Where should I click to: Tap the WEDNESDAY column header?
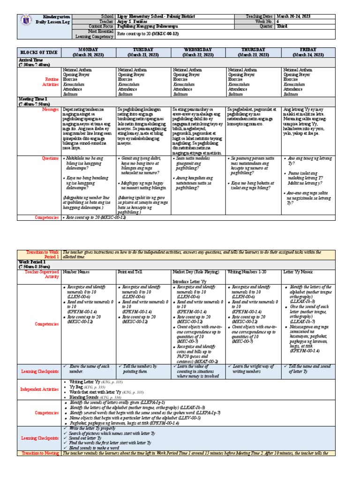click(x=199, y=52)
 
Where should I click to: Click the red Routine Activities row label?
click(x=48, y=82)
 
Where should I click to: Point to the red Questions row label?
click(x=50, y=158)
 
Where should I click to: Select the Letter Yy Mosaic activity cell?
click(x=300, y=271)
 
